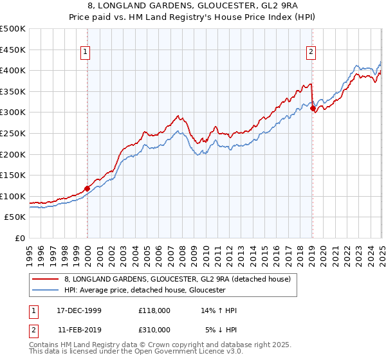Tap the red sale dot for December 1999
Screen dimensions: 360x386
(87, 188)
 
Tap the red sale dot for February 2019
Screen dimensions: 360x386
(313, 109)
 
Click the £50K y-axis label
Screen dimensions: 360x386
(15, 217)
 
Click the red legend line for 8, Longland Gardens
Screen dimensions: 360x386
(45, 279)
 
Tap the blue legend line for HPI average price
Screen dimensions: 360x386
(45, 291)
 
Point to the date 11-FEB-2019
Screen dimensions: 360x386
(78, 329)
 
